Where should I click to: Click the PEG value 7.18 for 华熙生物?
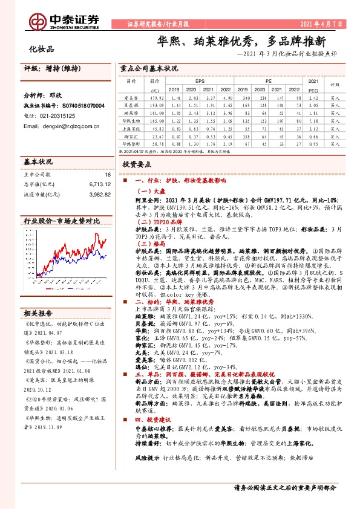[x=313, y=121]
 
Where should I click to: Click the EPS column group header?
[x=200, y=80]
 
